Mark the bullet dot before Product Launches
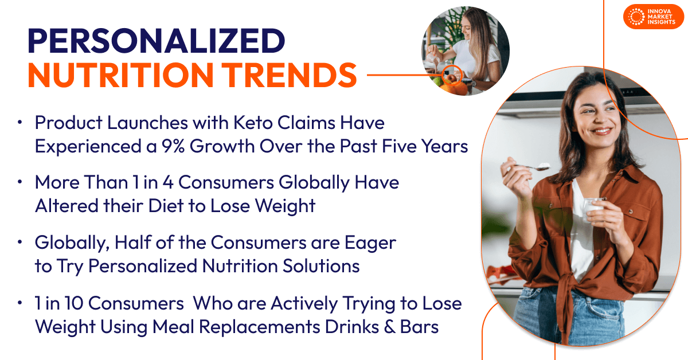20,123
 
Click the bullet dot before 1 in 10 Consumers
20,304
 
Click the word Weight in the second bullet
284,206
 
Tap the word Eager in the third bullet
369,242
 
